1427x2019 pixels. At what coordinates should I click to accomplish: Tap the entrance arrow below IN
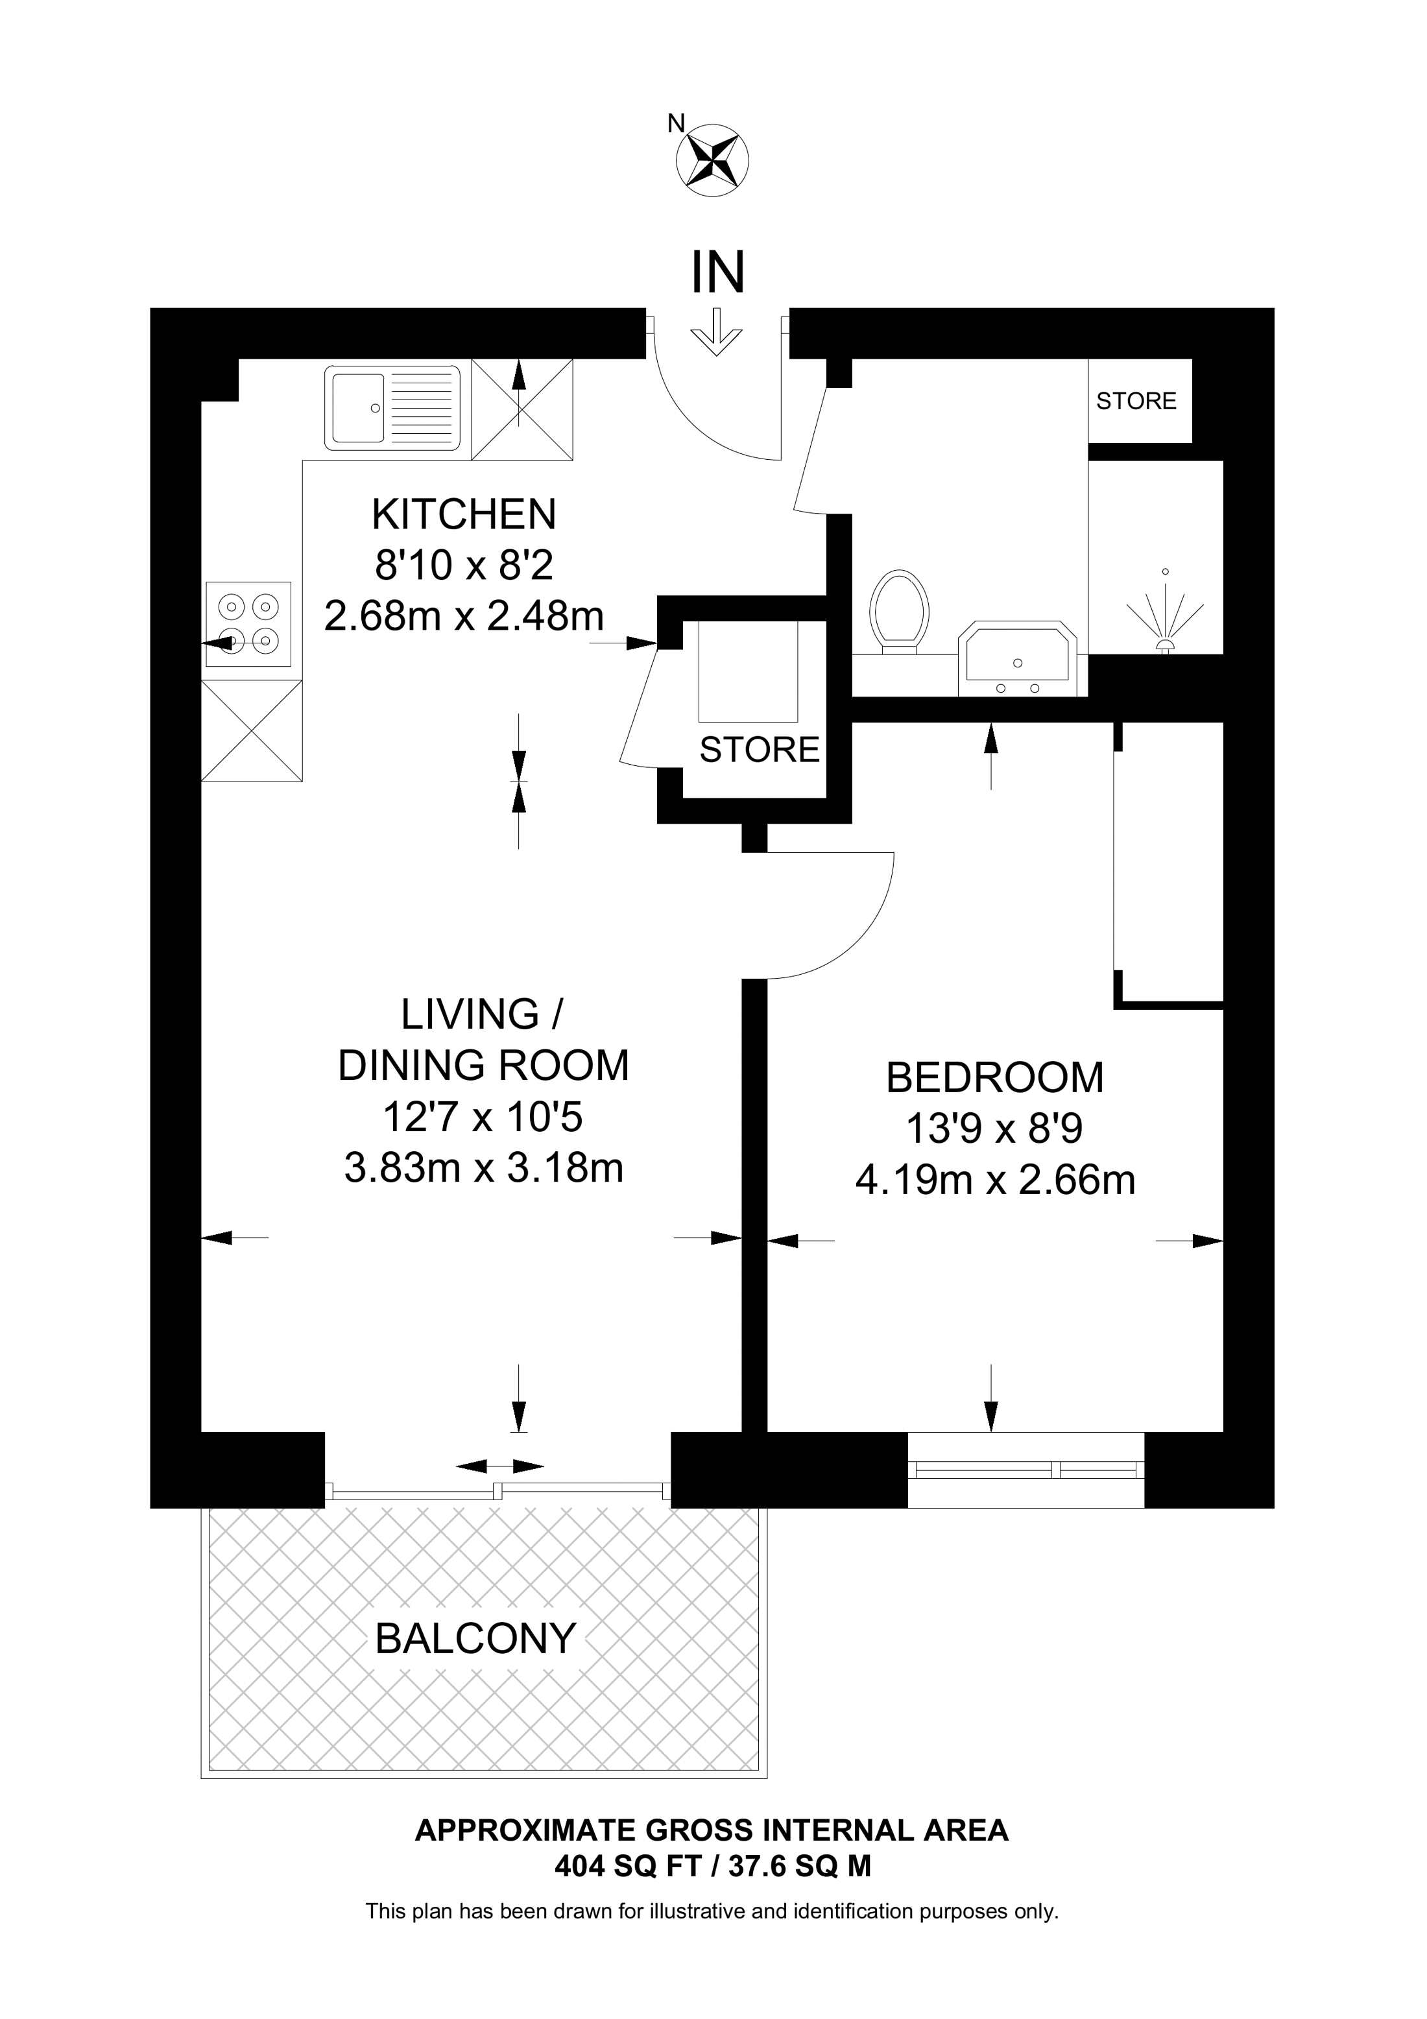[x=717, y=331]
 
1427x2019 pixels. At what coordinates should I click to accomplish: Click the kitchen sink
[x=393, y=408]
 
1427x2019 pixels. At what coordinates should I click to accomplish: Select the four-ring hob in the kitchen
[x=249, y=623]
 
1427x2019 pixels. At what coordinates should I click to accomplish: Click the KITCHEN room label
[x=464, y=514]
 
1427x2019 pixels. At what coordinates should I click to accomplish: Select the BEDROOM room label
[x=994, y=1078]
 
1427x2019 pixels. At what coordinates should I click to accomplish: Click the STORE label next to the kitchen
[x=760, y=749]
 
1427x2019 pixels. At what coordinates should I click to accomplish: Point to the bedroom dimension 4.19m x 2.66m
[x=995, y=1180]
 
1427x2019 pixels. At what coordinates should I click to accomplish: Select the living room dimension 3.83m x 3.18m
[x=484, y=1169]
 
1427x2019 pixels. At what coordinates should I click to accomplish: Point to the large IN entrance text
[x=718, y=272]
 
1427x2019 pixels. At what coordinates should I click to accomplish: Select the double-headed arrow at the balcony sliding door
[x=499, y=1466]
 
